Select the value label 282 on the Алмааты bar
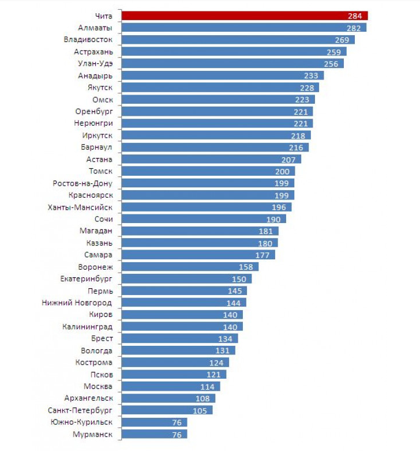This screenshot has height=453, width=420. pos(355,28)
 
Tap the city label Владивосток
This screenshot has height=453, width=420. pos(88,40)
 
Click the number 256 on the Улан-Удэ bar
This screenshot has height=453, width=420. pos(331,63)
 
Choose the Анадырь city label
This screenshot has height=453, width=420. pos(95,75)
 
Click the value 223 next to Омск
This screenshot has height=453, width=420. pos(302,100)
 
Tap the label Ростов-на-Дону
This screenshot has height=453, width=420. pos(82,183)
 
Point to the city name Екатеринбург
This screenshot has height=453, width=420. pos(87,279)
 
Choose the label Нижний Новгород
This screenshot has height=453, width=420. pos(77,303)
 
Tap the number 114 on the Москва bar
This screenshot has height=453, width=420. pos(207,387)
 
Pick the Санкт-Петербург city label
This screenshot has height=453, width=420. pos(80,410)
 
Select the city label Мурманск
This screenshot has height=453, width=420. pos(92,435)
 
